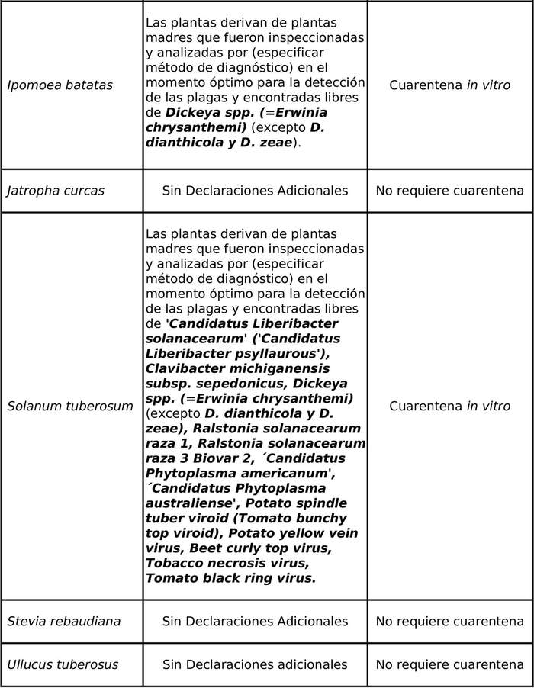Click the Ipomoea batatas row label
60,85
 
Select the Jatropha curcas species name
55,191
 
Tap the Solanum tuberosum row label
69,407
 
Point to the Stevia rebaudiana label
63,622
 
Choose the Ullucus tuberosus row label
63,665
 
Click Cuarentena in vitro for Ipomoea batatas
449,85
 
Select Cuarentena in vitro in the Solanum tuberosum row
449,407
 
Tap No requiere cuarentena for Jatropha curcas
449,191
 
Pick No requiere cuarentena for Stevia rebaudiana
449,622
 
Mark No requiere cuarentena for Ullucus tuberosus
449,665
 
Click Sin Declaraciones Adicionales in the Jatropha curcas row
255,191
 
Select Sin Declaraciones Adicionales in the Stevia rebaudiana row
255,622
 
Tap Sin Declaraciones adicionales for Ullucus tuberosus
255,665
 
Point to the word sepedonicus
224,384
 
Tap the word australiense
185,503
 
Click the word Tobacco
172,563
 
